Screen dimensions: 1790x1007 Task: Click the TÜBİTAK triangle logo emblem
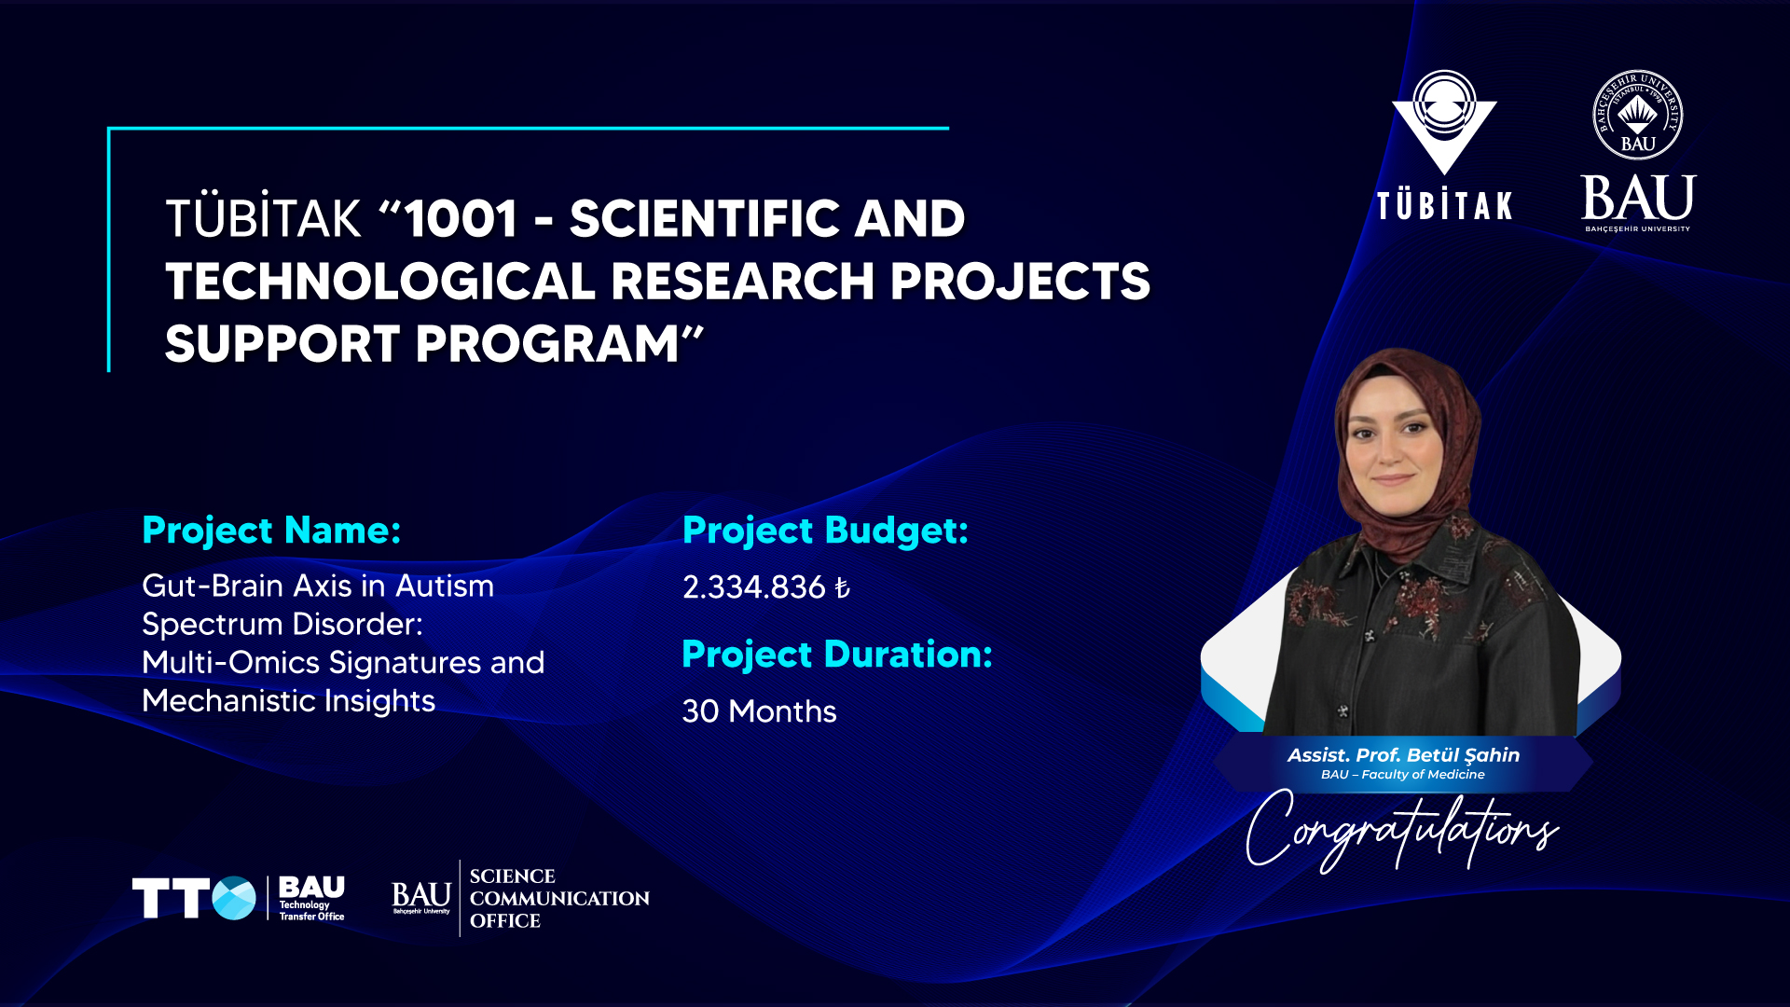(x=1444, y=121)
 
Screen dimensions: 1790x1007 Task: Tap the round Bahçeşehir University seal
(x=1638, y=115)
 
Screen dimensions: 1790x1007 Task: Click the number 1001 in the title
(x=461, y=219)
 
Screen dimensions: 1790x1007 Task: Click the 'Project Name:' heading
(x=271, y=531)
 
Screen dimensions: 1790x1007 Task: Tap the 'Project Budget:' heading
(x=825, y=531)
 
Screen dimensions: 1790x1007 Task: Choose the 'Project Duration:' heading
(x=837, y=655)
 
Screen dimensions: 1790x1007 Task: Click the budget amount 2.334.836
(x=754, y=587)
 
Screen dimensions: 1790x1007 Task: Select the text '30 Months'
(x=759, y=711)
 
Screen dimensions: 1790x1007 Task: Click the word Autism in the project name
(x=445, y=586)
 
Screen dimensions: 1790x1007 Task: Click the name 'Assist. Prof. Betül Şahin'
(x=1403, y=755)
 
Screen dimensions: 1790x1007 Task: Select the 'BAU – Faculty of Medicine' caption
(x=1403, y=775)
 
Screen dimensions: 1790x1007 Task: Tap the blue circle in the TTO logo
(x=234, y=899)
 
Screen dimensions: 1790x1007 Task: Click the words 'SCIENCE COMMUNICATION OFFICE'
(x=559, y=899)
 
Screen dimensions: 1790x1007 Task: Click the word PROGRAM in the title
(x=547, y=344)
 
